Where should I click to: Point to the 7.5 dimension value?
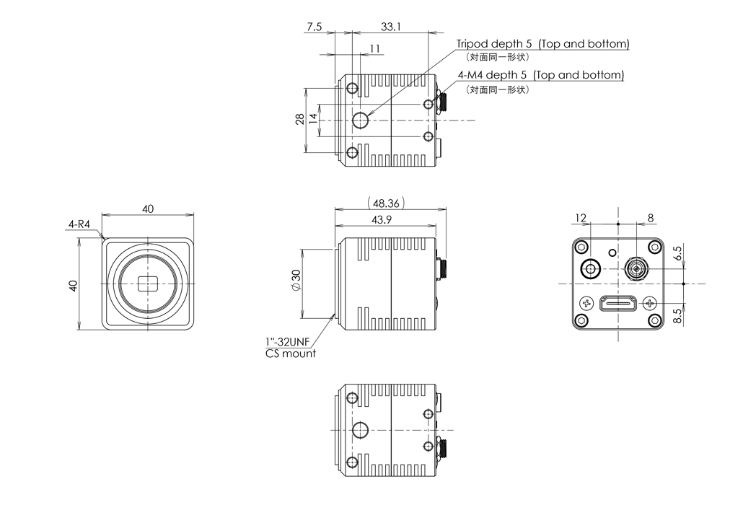tap(315, 27)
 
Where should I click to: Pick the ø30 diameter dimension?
tap(295, 285)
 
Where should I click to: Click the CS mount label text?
tap(290, 353)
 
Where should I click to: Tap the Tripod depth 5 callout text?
tap(542, 44)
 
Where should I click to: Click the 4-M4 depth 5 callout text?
tap(540, 75)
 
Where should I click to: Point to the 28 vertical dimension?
tap(299, 120)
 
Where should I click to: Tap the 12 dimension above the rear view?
tap(581, 217)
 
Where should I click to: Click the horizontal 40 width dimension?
tap(148, 209)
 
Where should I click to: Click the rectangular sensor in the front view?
tap(148, 284)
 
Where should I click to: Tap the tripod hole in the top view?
tap(360, 120)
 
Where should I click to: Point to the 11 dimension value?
tap(374, 48)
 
